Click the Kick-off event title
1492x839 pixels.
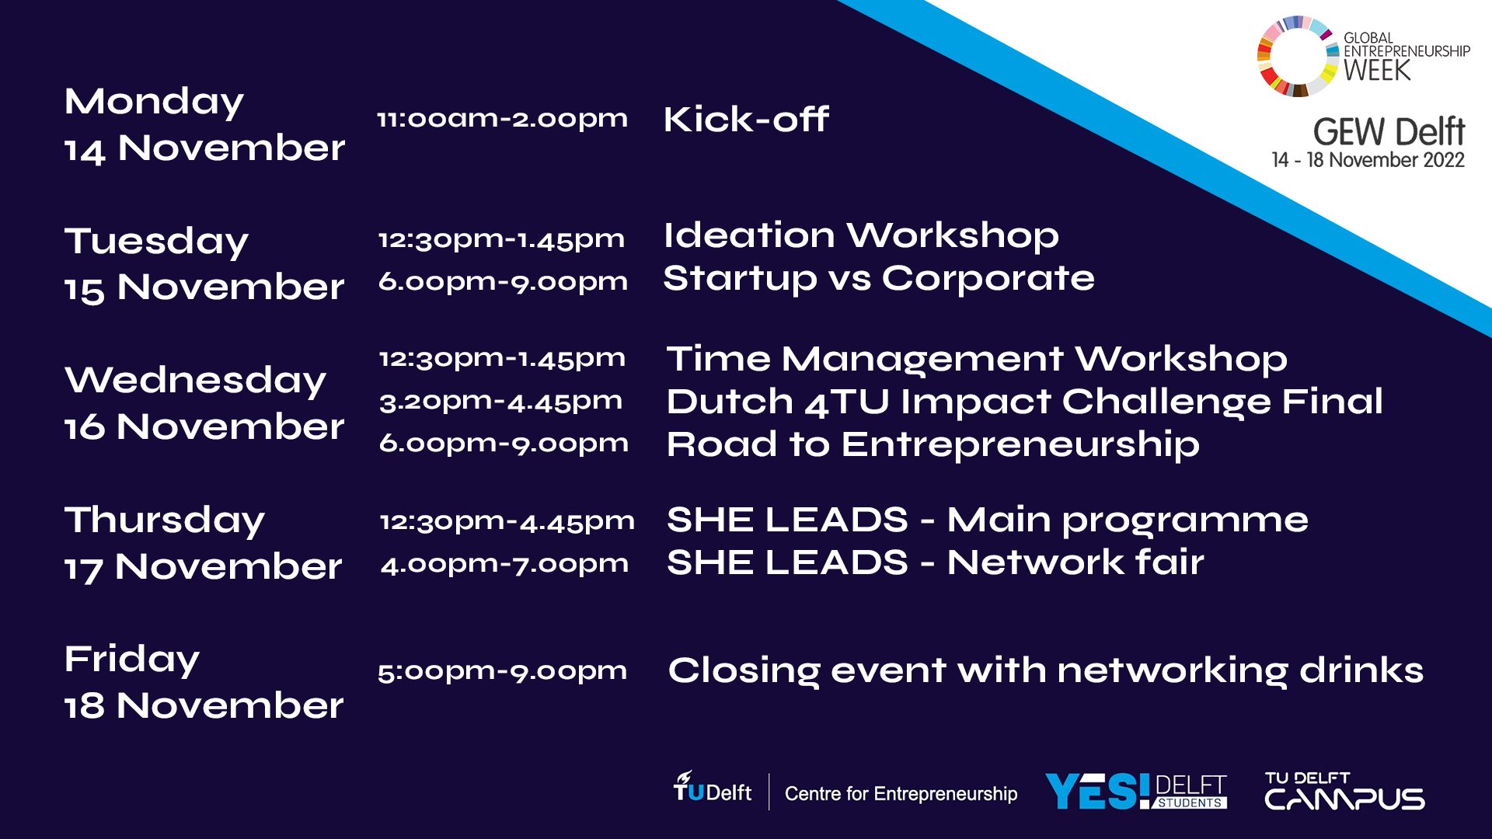746,120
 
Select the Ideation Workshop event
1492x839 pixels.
861,235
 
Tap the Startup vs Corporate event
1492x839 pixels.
879,278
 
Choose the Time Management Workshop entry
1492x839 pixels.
977,359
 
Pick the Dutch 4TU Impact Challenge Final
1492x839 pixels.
1025,402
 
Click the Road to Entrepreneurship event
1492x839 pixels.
933,445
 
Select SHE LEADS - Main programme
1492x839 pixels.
988,520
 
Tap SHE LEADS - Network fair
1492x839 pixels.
936,562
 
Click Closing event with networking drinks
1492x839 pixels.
1046,671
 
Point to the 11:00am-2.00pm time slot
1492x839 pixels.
502,120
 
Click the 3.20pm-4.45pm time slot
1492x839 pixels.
501,402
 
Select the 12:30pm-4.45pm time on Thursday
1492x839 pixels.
507,521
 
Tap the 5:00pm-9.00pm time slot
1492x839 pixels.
502,671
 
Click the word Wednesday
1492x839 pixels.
196,381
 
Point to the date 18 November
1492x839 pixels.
204,705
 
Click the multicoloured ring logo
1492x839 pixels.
1296,56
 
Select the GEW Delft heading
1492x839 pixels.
1389,132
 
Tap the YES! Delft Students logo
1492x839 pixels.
1135,792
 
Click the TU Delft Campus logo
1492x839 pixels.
1344,791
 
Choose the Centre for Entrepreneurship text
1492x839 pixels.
901,793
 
